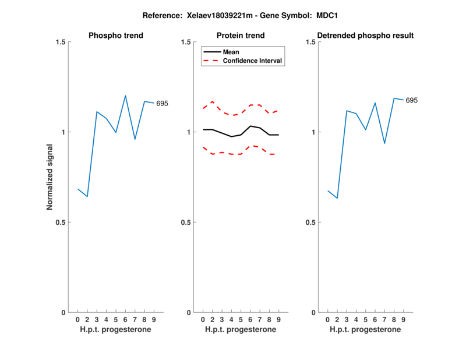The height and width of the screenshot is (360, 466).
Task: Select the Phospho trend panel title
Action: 116,36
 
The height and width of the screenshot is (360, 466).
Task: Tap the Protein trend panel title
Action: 241,36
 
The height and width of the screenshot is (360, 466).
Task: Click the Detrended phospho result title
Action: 366,36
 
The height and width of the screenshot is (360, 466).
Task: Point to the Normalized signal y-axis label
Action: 50,177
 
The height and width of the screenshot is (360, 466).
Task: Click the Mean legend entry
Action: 231,52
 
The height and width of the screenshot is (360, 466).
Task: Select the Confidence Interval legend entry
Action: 253,61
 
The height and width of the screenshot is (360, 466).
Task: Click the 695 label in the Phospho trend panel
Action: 162,104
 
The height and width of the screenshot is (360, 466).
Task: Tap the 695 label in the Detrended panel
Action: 412,100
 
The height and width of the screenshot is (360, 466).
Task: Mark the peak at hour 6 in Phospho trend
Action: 125,96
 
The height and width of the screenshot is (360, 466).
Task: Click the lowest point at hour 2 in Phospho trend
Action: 87,197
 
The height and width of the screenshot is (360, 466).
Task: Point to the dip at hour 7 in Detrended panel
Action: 384,143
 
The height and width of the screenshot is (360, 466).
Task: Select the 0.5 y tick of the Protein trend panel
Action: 186,223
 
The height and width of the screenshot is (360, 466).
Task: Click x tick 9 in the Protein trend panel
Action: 278,319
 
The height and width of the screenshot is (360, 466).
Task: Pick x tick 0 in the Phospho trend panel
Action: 78,319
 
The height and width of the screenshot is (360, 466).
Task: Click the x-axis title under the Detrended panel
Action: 365,329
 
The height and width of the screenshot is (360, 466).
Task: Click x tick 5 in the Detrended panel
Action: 366,319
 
